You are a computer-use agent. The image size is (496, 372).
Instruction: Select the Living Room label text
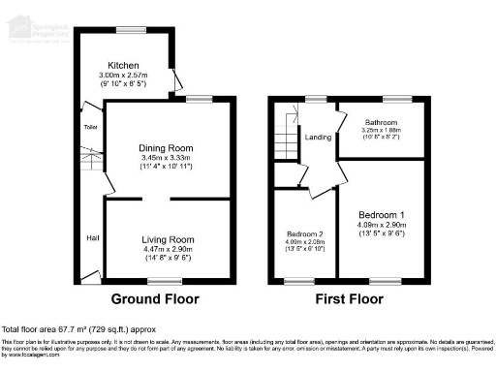(x=168, y=238)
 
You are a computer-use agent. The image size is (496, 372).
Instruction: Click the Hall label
(x=92, y=238)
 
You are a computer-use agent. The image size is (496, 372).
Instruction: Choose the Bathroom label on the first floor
(x=381, y=122)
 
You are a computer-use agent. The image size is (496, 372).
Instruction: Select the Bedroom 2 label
(x=304, y=234)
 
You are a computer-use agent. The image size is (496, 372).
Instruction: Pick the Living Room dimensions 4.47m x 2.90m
(x=168, y=249)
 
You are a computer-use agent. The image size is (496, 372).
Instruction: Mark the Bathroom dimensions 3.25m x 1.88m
(x=381, y=131)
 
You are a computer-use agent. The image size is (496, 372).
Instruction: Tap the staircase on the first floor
(x=284, y=136)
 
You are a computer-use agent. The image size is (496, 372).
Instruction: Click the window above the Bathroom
(x=395, y=99)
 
